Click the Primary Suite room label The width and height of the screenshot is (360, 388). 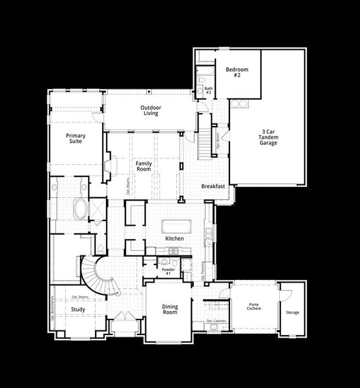click(76, 139)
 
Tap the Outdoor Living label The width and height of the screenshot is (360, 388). click(151, 110)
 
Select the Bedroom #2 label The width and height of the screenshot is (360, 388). click(233, 72)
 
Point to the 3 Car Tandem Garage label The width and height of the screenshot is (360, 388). click(268, 138)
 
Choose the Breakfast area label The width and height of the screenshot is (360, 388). click(213, 186)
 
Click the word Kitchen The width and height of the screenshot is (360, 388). click(175, 239)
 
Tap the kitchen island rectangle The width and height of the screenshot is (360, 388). click(176, 226)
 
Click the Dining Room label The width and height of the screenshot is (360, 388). click(169, 309)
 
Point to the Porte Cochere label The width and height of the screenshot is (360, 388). click(254, 306)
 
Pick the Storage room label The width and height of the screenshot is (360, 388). click(292, 313)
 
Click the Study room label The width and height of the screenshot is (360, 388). click(78, 309)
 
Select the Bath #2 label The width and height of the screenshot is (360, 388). click(209, 91)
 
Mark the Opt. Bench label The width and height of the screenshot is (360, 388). click(218, 142)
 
